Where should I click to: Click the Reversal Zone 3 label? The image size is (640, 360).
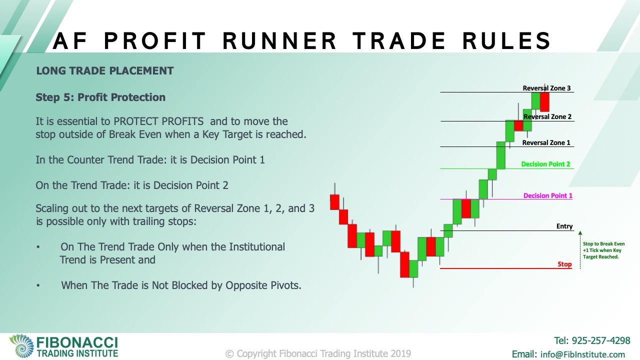(x=546, y=88)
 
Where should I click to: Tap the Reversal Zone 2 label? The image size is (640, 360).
(x=547, y=116)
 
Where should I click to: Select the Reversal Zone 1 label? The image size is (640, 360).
(x=546, y=142)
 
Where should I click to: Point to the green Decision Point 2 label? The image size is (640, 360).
(x=545, y=164)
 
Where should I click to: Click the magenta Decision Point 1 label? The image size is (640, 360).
(x=547, y=195)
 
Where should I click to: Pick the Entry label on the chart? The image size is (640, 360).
(x=564, y=226)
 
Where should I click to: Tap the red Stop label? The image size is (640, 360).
(x=564, y=264)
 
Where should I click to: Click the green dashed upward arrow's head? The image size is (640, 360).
(x=580, y=233)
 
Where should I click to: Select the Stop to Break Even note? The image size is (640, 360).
(x=603, y=250)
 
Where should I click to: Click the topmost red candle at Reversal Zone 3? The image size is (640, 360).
(x=544, y=102)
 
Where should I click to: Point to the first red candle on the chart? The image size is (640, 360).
(x=334, y=202)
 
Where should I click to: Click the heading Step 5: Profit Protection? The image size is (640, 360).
(x=100, y=97)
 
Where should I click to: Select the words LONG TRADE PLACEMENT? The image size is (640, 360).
(x=105, y=71)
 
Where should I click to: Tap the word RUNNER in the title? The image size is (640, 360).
(x=279, y=41)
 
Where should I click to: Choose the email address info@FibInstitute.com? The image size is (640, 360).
(x=582, y=354)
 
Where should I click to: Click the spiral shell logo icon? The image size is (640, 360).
(x=21, y=345)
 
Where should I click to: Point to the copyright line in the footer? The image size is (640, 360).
(x=318, y=353)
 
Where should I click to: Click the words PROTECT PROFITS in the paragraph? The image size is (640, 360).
(x=158, y=121)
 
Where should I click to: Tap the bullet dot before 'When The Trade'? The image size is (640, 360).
(x=38, y=285)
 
